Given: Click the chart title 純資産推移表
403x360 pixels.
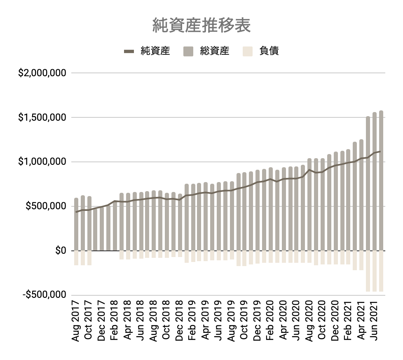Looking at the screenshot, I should [201, 26].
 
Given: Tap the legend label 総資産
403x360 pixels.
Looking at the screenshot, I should [215, 51].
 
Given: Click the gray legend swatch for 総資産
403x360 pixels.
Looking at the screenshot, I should [188, 51].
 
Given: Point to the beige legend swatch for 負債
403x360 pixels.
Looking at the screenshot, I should [248, 51].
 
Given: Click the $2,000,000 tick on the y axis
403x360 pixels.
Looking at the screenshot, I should [42, 73].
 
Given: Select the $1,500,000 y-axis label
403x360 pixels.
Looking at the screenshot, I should [42, 118].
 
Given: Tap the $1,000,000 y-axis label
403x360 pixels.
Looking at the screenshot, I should [42, 162].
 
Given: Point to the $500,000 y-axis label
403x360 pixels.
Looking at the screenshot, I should [46, 206].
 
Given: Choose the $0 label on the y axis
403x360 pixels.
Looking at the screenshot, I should [61, 250].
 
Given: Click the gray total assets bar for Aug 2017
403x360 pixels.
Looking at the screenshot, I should [76, 224].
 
